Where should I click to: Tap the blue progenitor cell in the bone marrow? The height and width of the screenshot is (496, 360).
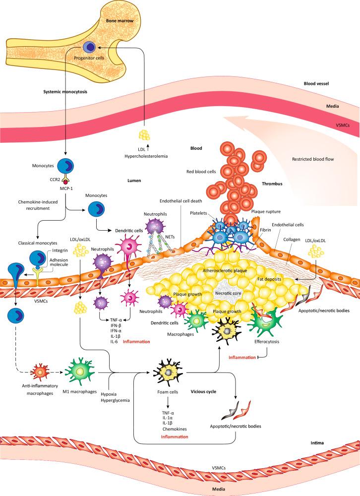tap(89, 47)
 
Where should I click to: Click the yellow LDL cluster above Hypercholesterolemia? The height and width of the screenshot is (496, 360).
tap(144, 134)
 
